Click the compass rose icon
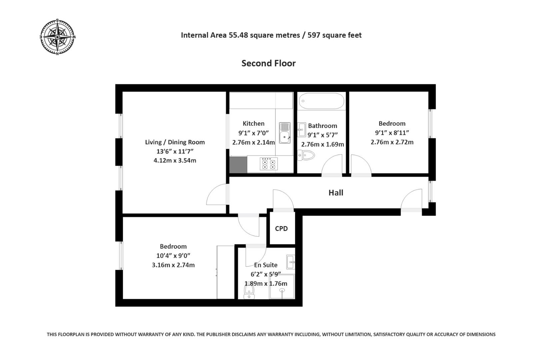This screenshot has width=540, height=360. pyautogui.click(x=57, y=37)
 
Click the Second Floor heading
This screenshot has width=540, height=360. pyautogui.click(x=268, y=63)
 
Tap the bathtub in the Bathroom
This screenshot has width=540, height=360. pyautogui.click(x=321, y=101)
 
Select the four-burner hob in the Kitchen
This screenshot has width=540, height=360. pyautogui.click(x=269, y=164)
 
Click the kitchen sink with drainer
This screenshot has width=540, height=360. pyautogui.click(x=285, y=133)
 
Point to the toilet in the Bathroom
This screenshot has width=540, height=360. pyautogui.click(x=306, y=155)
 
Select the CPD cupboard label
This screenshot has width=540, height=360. pyautogui.click(x=281, y=229)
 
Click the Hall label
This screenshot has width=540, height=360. pyautogui.click(x=336, y=193)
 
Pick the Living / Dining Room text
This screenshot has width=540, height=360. pyautogui.click(x=175, y=142)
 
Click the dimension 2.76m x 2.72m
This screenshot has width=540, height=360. pyautogui.click(x=392, y=142)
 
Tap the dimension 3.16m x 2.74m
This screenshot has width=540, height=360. pyautogui.click(x=173, y=265)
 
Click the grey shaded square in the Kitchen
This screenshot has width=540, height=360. pyautogui.click(x=238, y=164)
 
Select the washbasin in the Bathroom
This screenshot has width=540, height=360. pyautogui.click(x=302, y=129)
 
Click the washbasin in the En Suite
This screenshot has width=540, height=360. pyautogui.click(x=290, y=262)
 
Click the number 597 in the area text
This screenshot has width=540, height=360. pyautogui.click(x=314, y=35)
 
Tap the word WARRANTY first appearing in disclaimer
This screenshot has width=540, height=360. pyautogui.click(x=150, y=334)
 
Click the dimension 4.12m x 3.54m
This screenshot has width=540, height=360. pyautogui.click(x=175, y=160)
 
